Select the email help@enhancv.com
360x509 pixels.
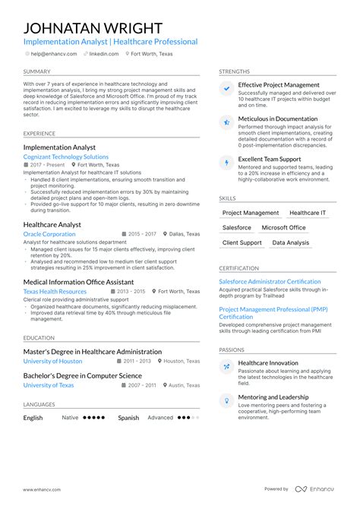pyautogui.click(x=52, y=54)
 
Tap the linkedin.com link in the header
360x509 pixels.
pyautogui.click(x=103, y=54)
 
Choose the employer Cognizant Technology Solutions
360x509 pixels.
pyautogui.click(x=66, y=156)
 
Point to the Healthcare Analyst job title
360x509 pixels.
pyautogui.click(x=52, y=225)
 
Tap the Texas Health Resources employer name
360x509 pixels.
pyautogui.click(x=55, y=292)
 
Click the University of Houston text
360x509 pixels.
pyautogui.click(x=52, y=362)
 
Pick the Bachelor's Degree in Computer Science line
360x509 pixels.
pyautogui.click(x=83, y=375)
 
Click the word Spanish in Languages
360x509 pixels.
pyautogui.click(x=128, y=417)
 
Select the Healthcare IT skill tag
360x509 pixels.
pyautogui.click(x=308, y=213)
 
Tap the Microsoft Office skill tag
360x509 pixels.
pyautogui.click(x=283, y=228)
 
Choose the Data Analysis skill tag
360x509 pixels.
pyautogui.click(x=290, y=243)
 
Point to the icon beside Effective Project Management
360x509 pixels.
pyautogui.click(x=226, y=89)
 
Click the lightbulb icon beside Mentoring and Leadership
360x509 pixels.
pyautogui.click(x=226, y=400)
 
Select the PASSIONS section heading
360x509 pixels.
pyautogui.click(x=232, y=349)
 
